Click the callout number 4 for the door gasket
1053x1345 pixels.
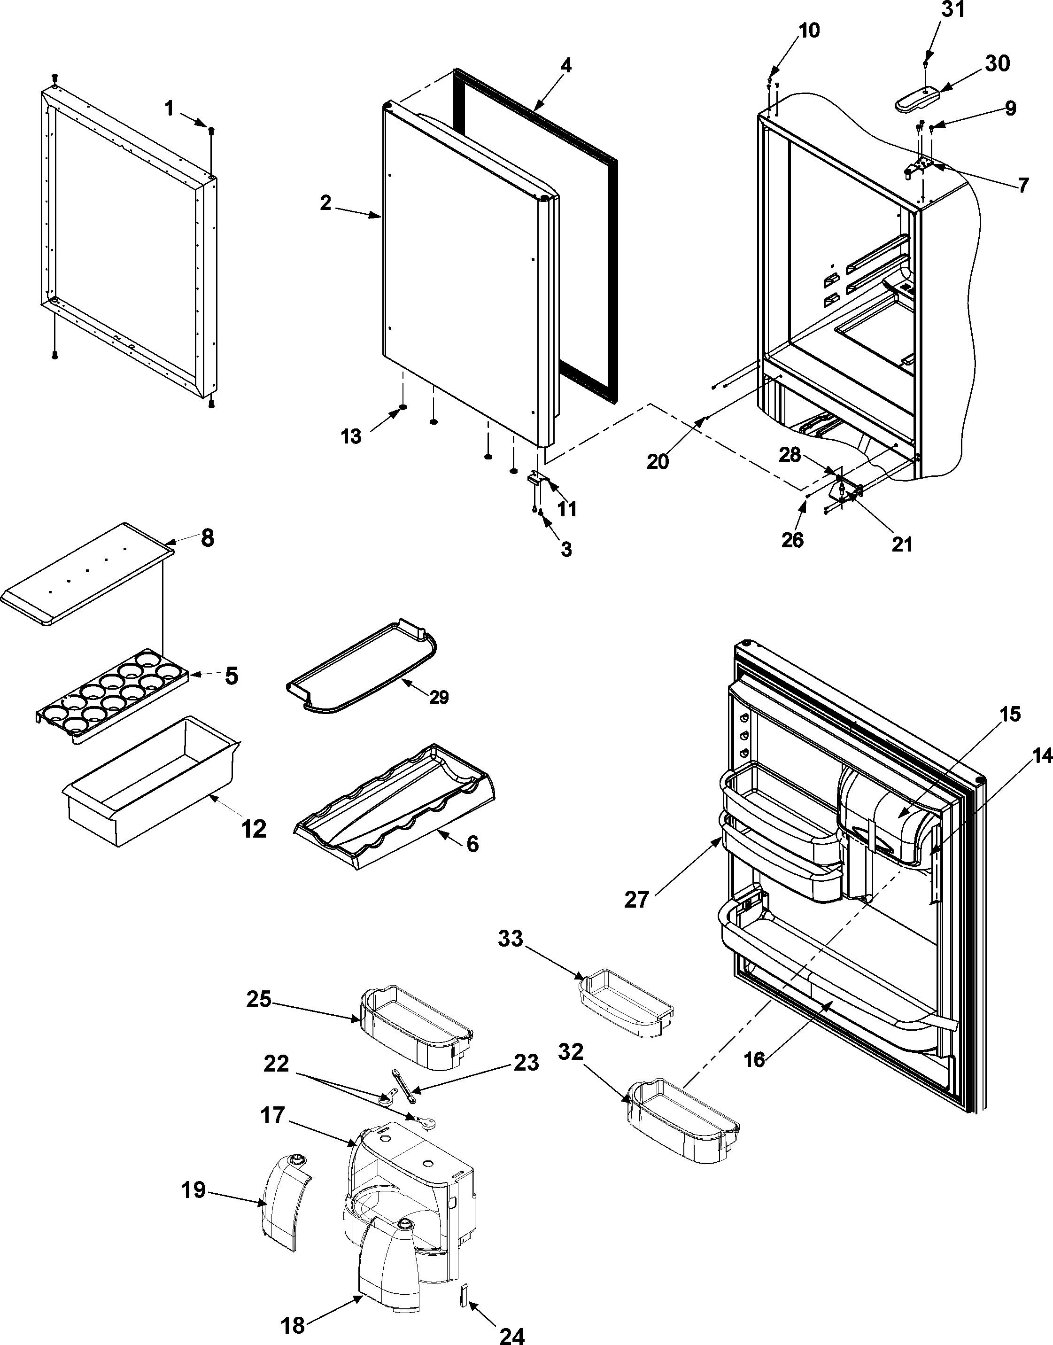pyautogui.click(x=565, y=66)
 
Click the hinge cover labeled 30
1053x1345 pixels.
pyautogui.click(x=917, y=98)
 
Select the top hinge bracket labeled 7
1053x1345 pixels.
pyautogui.click(x=921, y=166)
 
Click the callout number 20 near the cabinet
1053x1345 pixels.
pyautogui.click(x=658, y=461)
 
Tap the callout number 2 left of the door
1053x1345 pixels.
pyautogui.click(x=325, y=203)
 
